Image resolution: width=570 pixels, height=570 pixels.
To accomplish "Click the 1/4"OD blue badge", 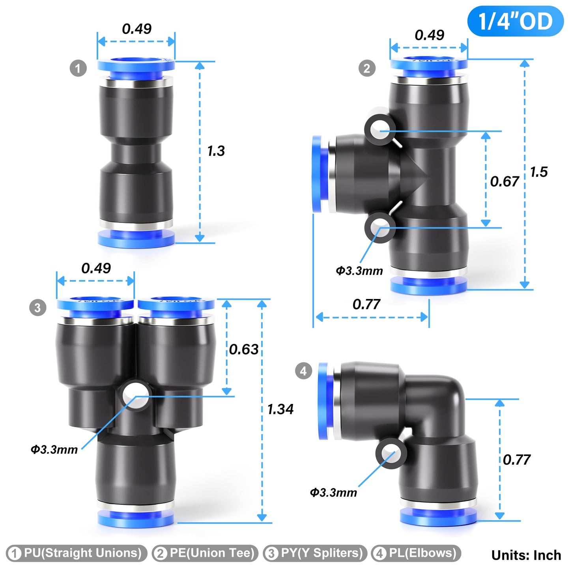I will click(515, 21).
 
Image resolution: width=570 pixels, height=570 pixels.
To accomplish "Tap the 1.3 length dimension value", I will click(216, 151).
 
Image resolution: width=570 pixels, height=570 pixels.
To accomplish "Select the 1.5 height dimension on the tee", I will click(538, 172).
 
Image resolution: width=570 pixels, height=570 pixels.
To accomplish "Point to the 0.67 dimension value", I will click(504, 181).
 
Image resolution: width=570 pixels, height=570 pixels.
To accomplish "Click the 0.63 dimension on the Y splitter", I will click(243, 349).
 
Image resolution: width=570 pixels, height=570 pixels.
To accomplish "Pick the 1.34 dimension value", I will click(280, 409).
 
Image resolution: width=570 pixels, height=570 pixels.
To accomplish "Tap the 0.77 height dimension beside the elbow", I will click(516, 460).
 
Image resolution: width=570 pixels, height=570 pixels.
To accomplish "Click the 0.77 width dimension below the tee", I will click(366, 305).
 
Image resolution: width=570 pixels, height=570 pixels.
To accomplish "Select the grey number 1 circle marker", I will click(78, 68).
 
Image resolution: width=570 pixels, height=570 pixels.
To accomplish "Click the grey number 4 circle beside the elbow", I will click(303, 371).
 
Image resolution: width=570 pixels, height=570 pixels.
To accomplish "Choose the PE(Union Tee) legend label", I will click(205, 553).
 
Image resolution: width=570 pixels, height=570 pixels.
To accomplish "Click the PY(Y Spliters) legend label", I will click(315, 553).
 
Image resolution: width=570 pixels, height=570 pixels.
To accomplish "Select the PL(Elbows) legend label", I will click(416, 553).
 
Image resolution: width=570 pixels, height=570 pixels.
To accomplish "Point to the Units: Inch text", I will click(526, 555).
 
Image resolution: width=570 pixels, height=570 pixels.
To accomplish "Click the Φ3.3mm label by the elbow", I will click(333, 493).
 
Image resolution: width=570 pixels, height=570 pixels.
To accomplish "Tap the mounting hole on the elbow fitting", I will click(391, 453).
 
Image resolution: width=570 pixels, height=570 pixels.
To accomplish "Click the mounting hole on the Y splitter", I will click(135, 395).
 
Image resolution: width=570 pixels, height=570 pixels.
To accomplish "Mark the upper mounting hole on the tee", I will click(380, 129).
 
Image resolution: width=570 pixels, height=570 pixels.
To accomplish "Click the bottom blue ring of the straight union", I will click(136, 239).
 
